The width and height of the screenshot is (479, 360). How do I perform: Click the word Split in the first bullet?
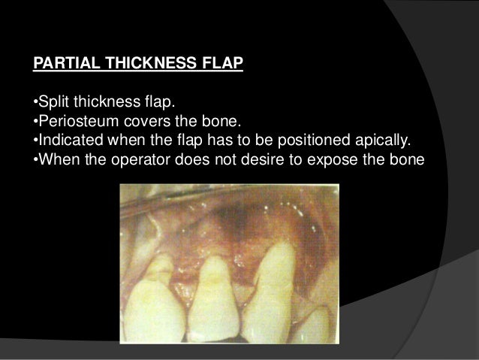point(52,102)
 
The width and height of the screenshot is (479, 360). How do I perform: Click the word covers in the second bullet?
point(138,122)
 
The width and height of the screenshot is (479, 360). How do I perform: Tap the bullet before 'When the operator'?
point(35,161)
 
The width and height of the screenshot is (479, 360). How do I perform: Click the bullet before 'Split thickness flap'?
point(35,102)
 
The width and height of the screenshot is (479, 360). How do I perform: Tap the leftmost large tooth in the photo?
point(159,297)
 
